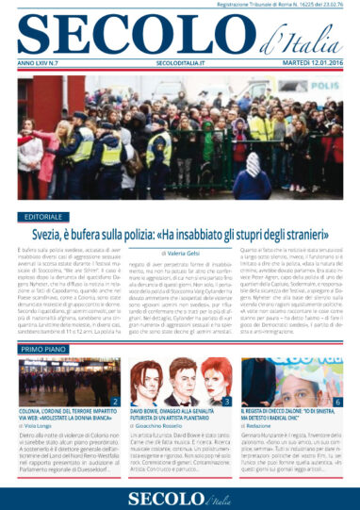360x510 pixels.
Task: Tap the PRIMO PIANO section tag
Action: click(x=44, y=348)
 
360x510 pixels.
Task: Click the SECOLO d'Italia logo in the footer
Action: click(x=179, y=495)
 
